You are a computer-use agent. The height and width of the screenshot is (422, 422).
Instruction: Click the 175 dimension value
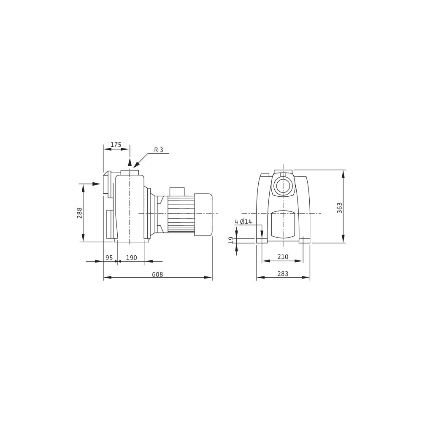click(x=116, y=144)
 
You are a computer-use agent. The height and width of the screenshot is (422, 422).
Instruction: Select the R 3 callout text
click(x=159, y=150)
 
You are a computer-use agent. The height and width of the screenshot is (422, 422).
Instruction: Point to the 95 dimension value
click(x=109, y=257)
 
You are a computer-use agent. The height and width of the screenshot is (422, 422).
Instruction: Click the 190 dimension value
click(x=132, y=257)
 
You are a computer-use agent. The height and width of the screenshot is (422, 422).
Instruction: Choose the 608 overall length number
click(x=157, y=274)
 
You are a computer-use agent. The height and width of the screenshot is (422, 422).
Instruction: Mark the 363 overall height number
click(x=340, y=208)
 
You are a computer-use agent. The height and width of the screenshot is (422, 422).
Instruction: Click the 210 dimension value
click(x=283, y=257)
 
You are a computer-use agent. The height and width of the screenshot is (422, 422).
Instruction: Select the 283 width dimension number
click(x=283, y=274)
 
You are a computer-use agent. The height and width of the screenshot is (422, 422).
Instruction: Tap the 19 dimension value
click(x=231, y=241)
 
